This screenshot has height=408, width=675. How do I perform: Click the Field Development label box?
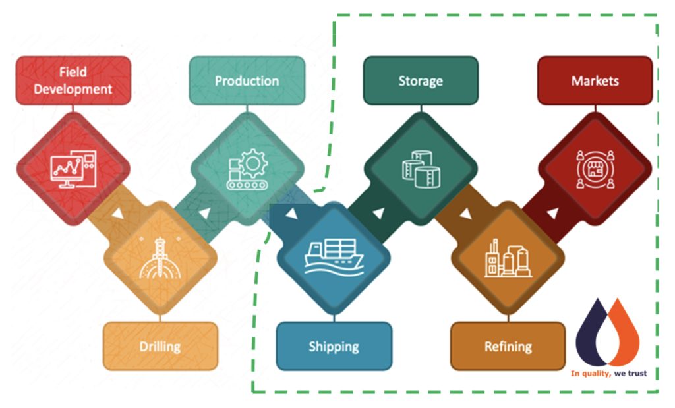click(73, 80)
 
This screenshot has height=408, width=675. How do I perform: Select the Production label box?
click(247, 80)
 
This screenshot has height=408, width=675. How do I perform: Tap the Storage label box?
click(421, 80)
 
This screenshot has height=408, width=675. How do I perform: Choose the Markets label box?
click(595, 80)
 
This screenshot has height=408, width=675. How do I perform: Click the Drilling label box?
click(160, 346)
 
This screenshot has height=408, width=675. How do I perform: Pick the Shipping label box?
click(334, 346)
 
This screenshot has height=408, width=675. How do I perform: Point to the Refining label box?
click(508, 346)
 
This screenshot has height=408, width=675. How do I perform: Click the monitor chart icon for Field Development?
click(73, 169)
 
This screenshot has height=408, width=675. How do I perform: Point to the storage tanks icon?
click(421, 169)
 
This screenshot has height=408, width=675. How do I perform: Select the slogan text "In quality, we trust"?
click(608, 374)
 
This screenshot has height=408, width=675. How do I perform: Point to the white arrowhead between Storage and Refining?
click(465, 214)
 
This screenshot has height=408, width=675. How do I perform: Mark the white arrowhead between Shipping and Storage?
click(378, 213)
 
